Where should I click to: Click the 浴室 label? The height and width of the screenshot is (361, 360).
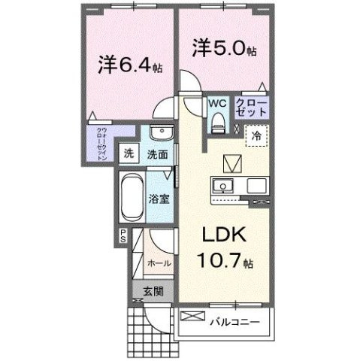click(158, 200)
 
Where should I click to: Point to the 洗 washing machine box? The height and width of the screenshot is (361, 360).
click(129, 153)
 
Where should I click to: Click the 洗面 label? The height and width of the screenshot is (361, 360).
click(156, 154)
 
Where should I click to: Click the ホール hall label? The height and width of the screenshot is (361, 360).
click(158, 263)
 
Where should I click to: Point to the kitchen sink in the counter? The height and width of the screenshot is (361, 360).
click(222, 186)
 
